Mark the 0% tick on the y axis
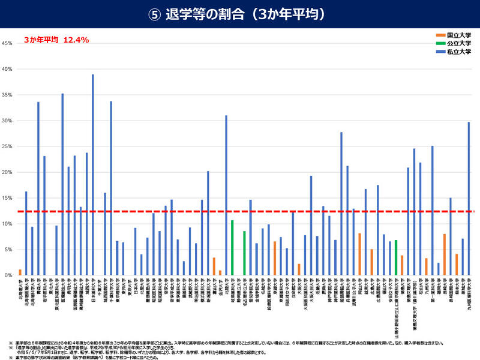coord(7,275)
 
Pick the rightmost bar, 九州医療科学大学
coord(469,199)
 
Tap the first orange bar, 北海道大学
coord(20,272)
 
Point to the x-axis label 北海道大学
coord(20,288)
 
